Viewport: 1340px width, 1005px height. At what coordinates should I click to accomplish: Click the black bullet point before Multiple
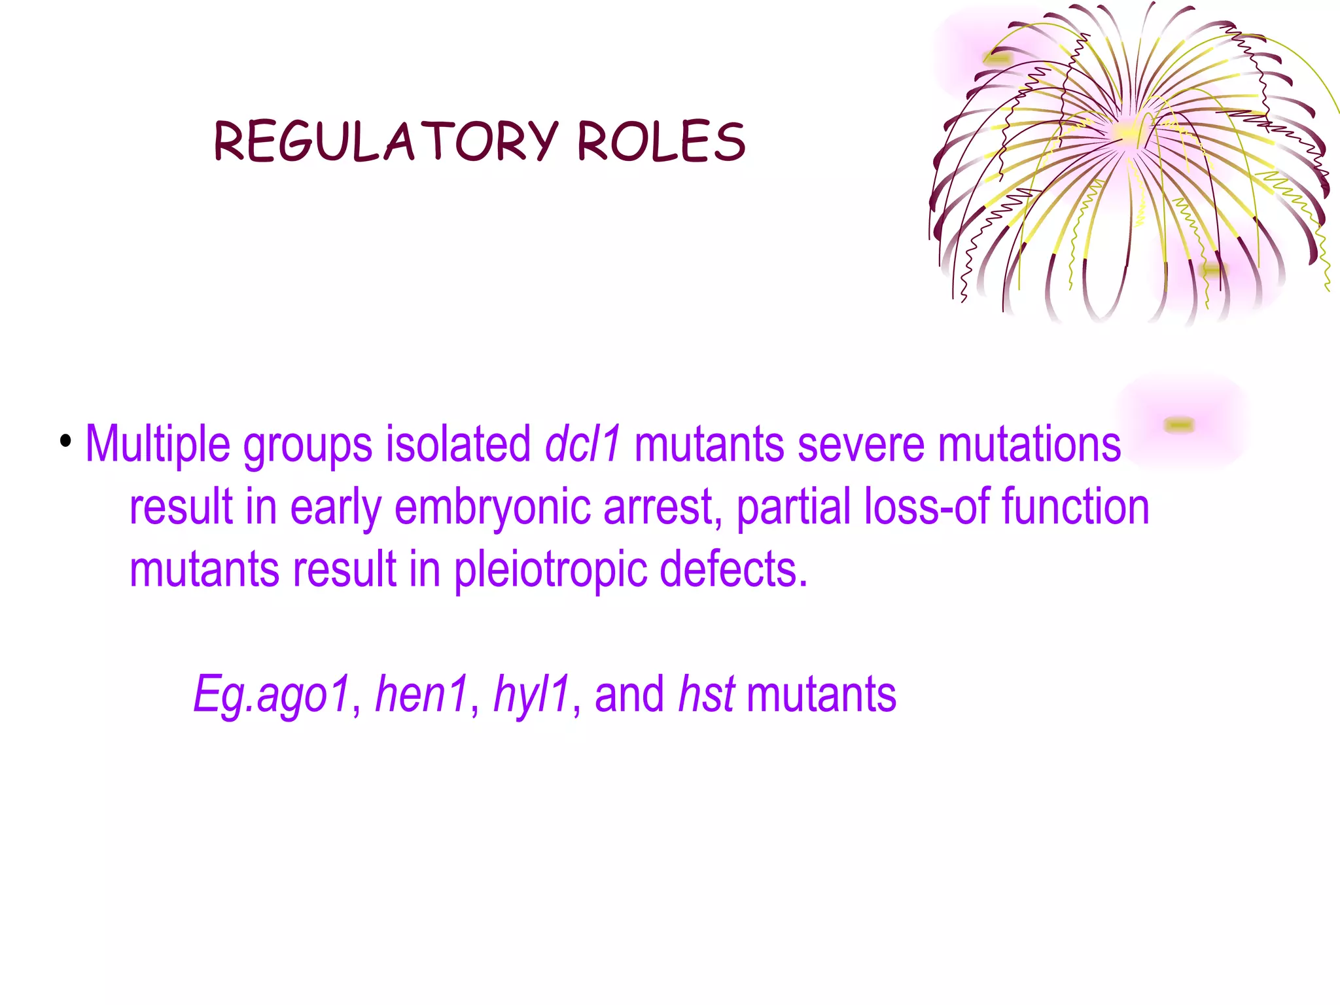[x=65, y=441]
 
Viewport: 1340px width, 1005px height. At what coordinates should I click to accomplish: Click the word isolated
[x=458, y=444]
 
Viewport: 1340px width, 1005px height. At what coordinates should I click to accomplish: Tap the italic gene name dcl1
[x=582, y=444]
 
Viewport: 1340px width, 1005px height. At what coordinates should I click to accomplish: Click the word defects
[x=733, y=569]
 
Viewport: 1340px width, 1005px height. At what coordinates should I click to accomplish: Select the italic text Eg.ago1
[x=272, y=696]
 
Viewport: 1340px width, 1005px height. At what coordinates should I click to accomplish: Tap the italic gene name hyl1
[x=532, y=696]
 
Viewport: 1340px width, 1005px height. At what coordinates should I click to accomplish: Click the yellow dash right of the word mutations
[x=1179, y=425]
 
